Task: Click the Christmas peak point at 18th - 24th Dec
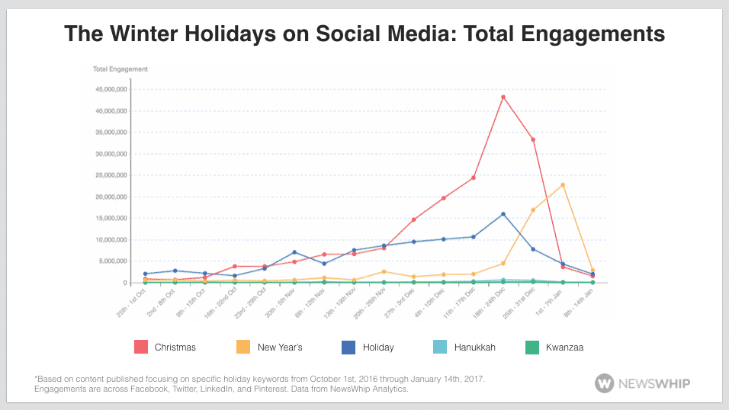503,97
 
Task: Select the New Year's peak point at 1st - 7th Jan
563,185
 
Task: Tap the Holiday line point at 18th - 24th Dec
503,214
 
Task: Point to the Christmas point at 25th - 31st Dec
533,139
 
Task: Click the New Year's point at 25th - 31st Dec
533,210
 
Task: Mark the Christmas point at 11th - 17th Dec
474,178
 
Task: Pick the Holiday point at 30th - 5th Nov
294,252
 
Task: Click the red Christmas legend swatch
141,347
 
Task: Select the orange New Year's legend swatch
244,347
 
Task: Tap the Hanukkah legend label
475,348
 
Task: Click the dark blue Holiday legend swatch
348,347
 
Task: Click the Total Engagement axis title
120,69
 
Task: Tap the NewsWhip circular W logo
605,383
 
